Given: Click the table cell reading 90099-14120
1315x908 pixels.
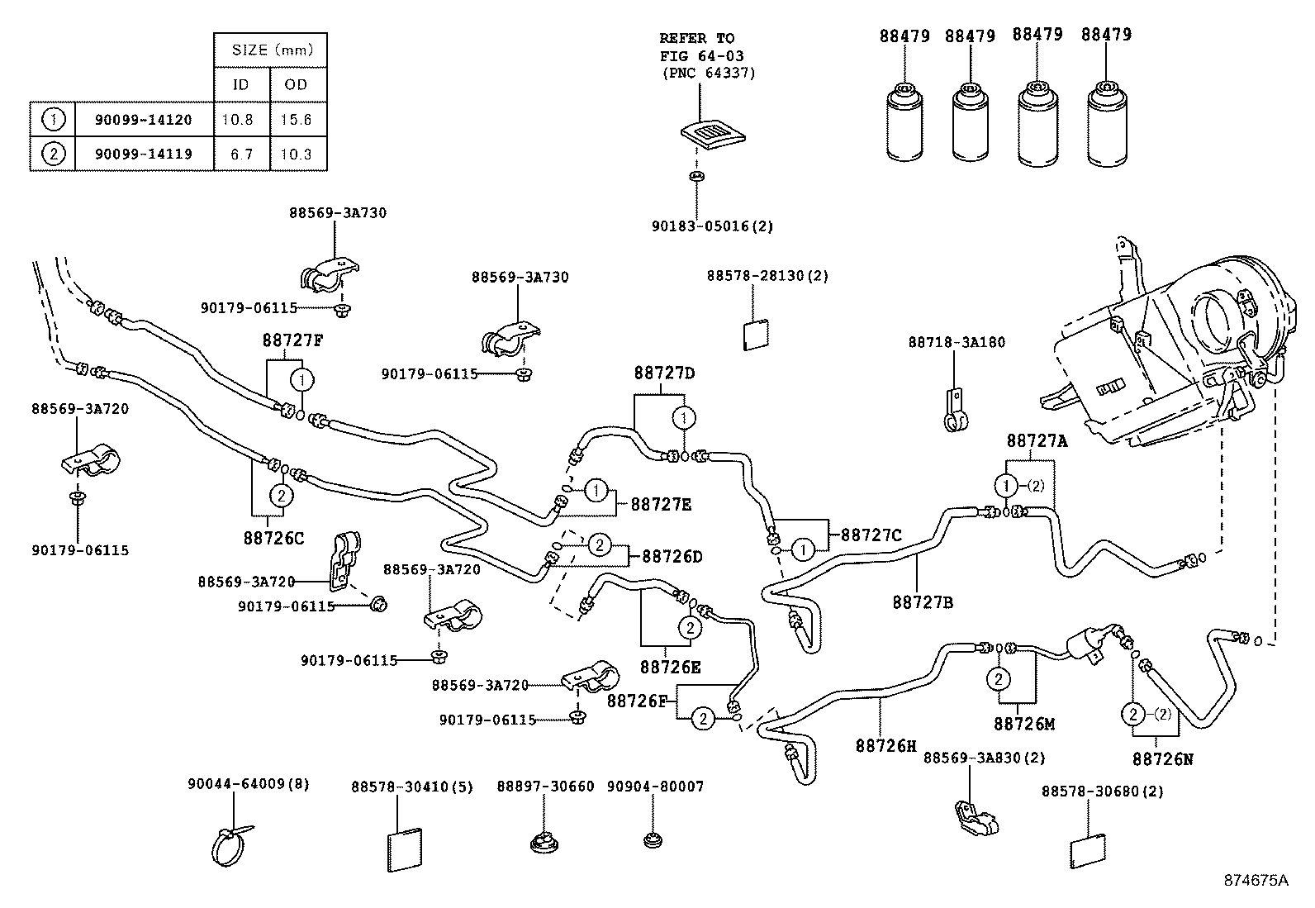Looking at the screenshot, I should pos(144,120).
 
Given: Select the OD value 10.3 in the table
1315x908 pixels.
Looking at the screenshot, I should pos(296,155).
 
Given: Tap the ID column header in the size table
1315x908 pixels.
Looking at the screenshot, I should pos(240,84).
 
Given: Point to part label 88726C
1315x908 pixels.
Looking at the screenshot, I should pos(273,538).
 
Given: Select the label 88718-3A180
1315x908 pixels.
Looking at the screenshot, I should pos(957,342).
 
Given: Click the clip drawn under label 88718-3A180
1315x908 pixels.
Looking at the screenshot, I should pos(955,413).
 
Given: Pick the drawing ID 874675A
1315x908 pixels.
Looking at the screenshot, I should pos(1256,880).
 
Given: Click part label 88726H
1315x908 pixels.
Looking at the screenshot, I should pos(886,745).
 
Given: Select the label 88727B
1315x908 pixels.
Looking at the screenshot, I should pos(923,602).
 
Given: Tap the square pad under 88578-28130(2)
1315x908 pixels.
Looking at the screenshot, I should pos(756,335).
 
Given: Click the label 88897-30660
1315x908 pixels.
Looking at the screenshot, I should pos(545,787).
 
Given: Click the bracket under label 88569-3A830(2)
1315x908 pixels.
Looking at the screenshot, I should pos(976,819).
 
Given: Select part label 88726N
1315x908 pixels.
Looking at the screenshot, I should pos(1162,758).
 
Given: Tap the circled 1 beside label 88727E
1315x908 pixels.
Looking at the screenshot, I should pos(596,491).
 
